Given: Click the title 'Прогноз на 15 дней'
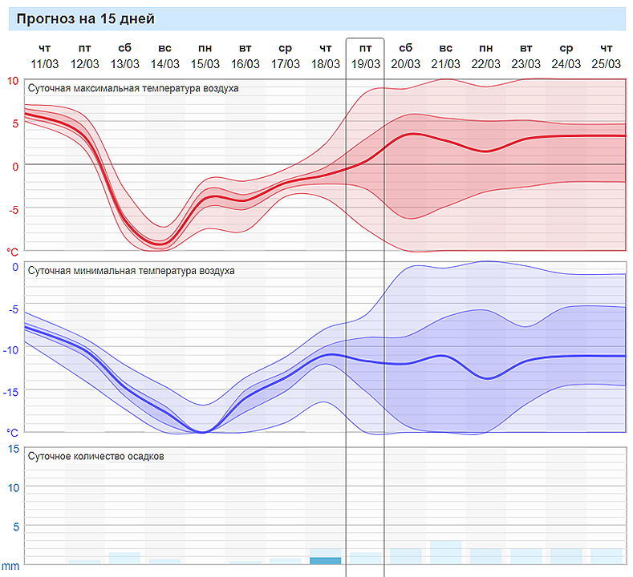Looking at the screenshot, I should click(x=85, y=19).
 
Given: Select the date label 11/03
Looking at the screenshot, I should click(x=45, y=64).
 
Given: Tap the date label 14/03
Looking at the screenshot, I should click(x=165, y=64).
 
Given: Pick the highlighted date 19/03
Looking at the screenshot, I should click(x=366, y=64).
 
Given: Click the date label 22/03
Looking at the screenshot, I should click(x=486, y=64).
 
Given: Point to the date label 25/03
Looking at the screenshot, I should click(x=607, y=64).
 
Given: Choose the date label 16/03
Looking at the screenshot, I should click(x=245, y=64).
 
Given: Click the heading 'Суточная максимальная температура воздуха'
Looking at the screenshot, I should click(x=133, y=88).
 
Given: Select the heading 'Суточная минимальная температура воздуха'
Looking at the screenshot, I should click(x=132, y=271).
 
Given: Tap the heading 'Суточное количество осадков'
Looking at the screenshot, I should click(x=96, y=456).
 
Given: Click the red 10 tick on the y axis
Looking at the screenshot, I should click(x=13, y=80).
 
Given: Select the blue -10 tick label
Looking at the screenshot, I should click(x=11, y=349).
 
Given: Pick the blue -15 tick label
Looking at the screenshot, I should click(x=11, y=391).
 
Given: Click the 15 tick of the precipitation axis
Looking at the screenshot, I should click(x=13, y=449).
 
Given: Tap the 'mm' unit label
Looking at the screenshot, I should click(x=10, y=567).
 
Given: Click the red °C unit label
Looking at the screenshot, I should click(x=13, y=252).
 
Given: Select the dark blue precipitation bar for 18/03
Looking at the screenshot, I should click(x=326, y=560).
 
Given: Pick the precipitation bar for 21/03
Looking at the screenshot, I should click(x=446, y=552).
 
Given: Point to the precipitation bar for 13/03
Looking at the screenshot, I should click(x=125, y=558).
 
